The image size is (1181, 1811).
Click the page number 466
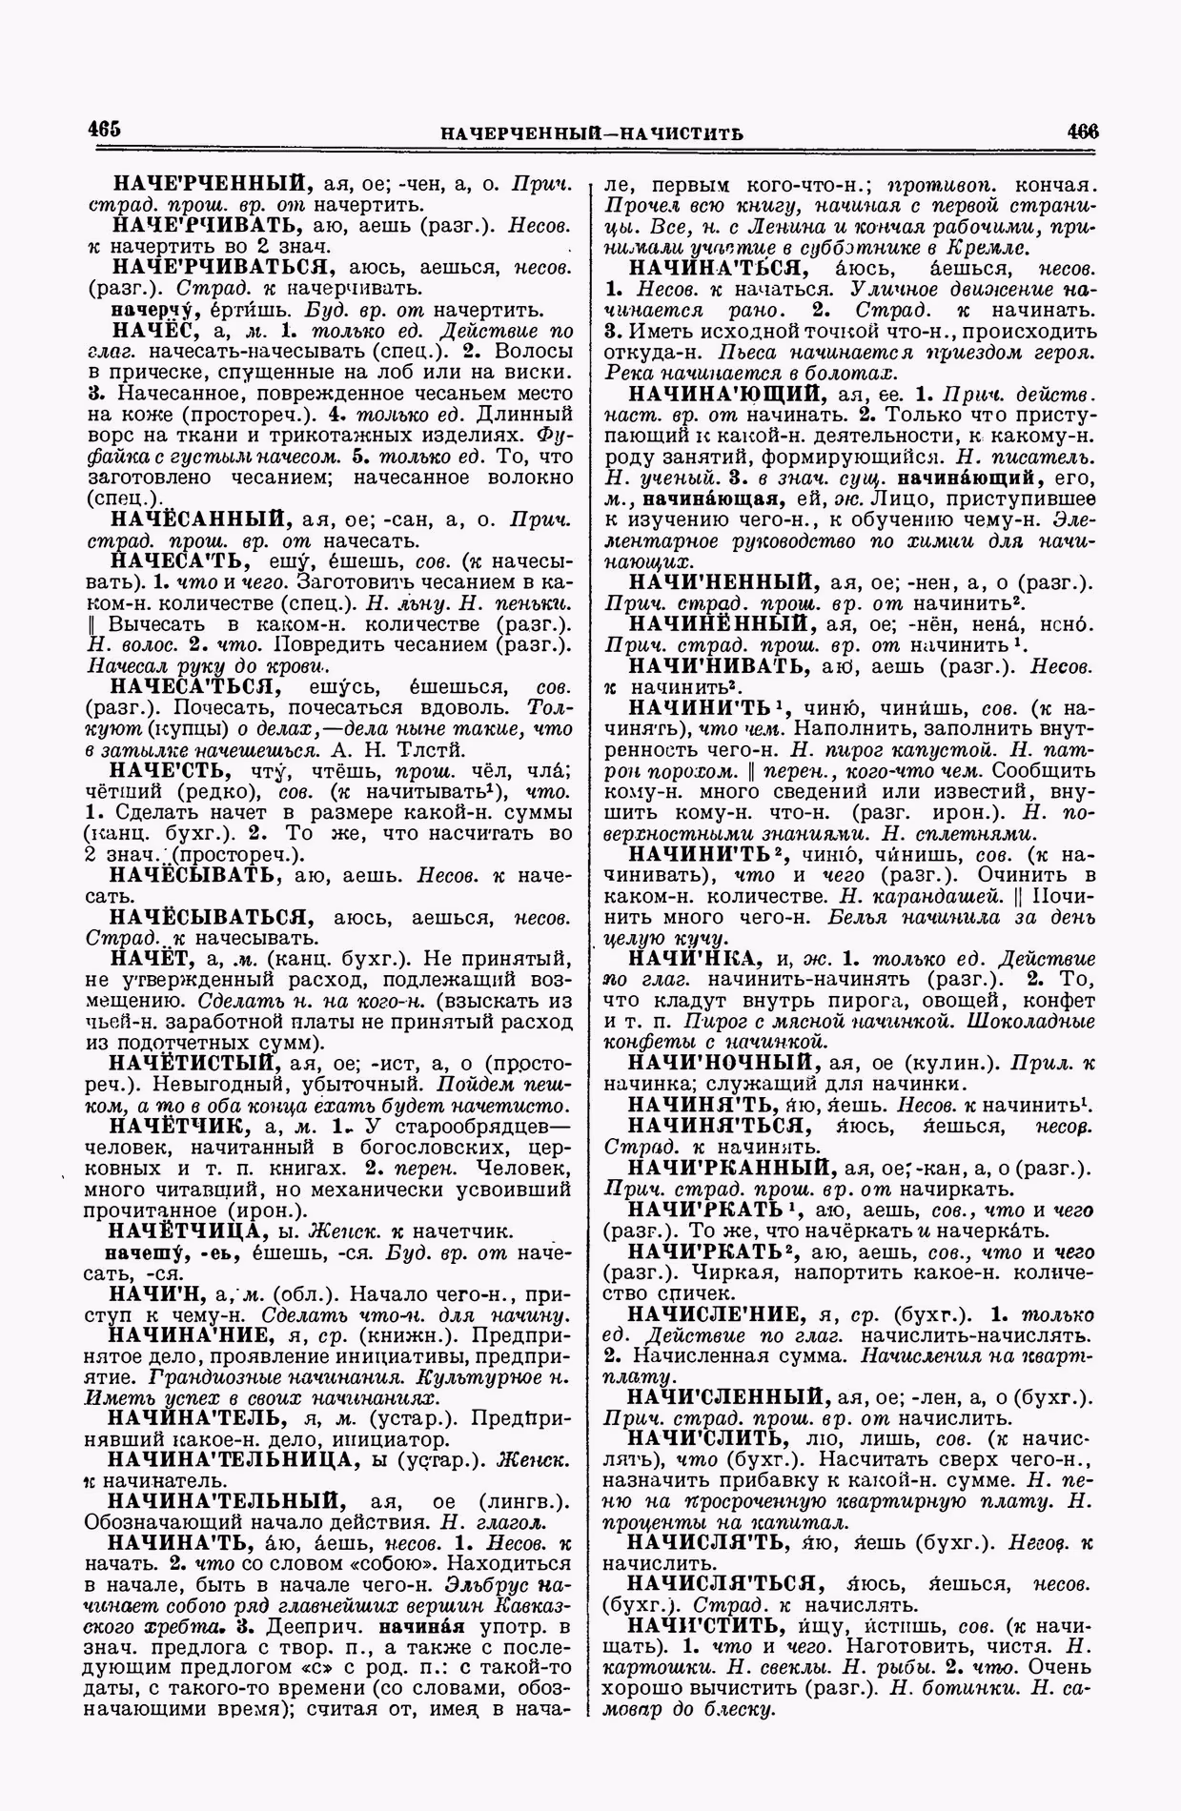tap(1083, 131)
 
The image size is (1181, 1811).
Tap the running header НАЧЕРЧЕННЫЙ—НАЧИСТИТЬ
tap(592, 132)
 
